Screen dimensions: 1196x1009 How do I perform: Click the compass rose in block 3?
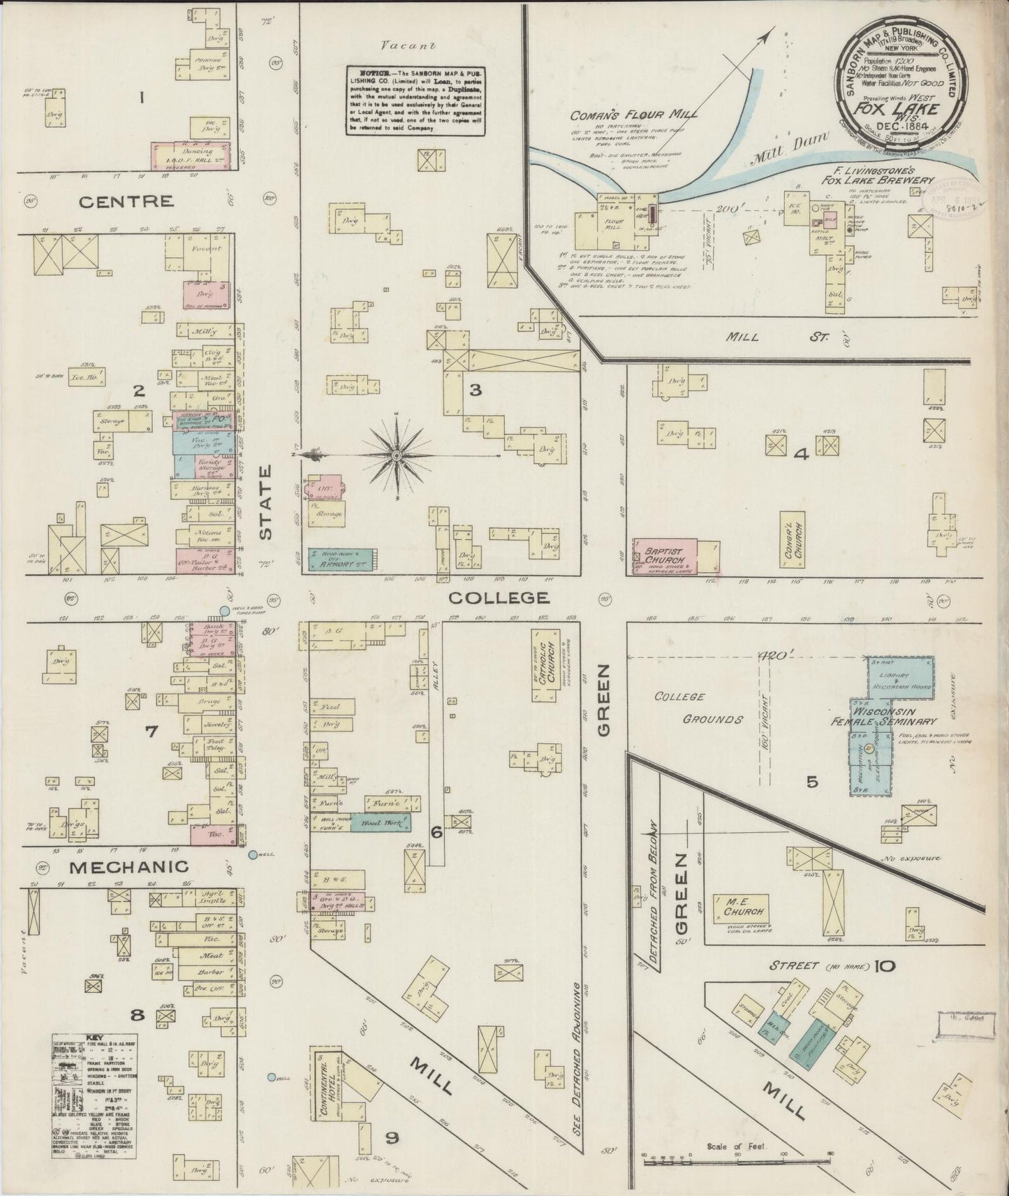coord(397,455)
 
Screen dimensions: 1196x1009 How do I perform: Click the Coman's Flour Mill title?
coord(633,115)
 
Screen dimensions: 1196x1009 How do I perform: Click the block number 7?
coord(151,731)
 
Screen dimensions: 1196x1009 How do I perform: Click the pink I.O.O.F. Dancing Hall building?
coord(191,154)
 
